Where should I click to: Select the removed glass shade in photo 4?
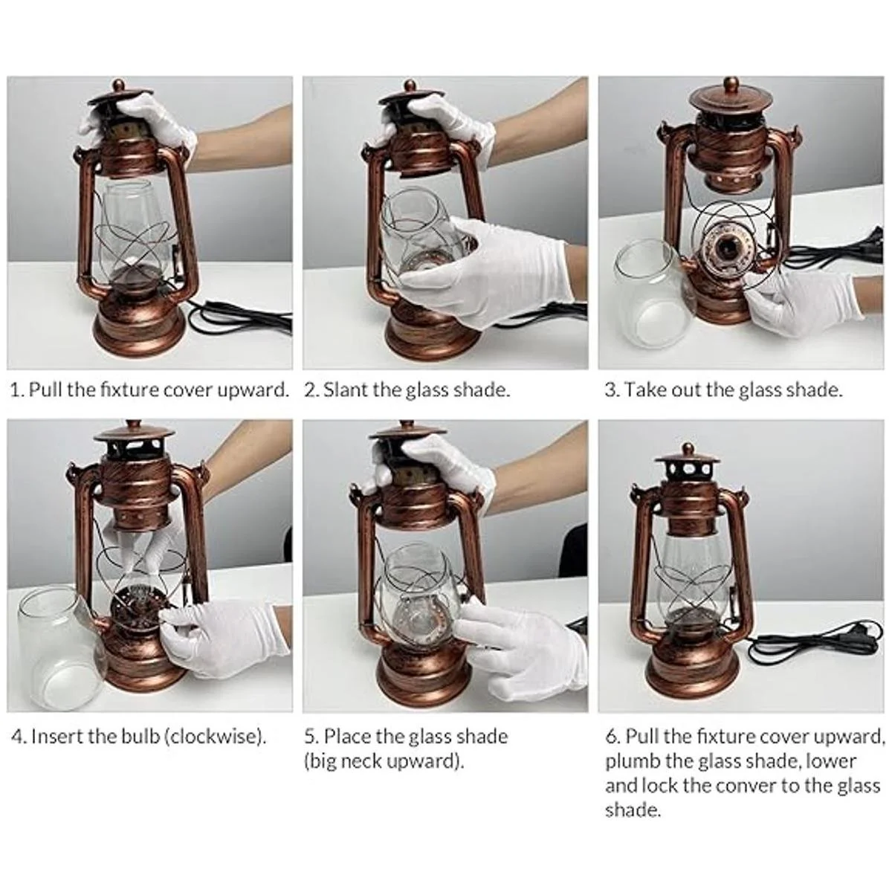[x=59, y=637]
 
